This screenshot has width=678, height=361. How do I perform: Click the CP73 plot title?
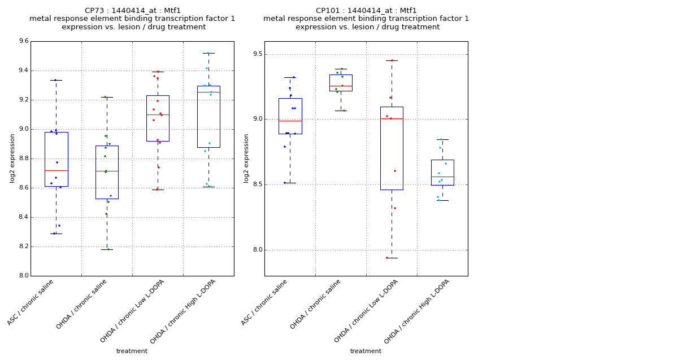pos(132,19)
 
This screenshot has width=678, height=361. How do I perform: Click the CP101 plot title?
pos(366,19)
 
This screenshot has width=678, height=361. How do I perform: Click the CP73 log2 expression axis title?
pos(12,158)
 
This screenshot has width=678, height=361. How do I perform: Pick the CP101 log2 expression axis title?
pos(246,158)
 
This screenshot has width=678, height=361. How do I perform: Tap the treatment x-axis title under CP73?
pos(132,351)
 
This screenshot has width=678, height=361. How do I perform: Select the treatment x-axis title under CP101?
pos(366,351)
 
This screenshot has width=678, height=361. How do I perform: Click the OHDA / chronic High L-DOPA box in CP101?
pos(442,169)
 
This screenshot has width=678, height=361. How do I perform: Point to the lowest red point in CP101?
pos(387,258)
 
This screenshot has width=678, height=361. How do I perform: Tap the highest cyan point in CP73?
pos(207,54)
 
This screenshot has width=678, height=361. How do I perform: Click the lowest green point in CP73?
pos(108,249)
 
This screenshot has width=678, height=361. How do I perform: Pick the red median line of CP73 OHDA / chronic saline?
pos(107,171)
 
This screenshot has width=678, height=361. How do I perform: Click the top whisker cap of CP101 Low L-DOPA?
pos(392,60)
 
